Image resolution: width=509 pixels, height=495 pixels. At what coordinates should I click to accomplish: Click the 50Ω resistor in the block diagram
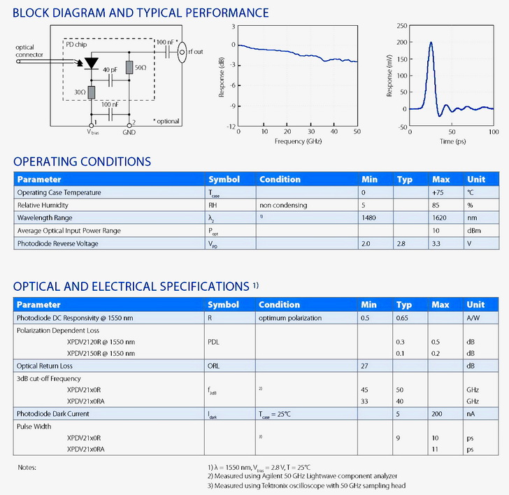pyautogui.click(x=129, y=67)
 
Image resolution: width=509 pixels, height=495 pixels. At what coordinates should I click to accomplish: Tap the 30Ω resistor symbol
pyautogui.click(x=92, y=90)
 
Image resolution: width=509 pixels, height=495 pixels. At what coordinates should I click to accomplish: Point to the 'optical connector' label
pyautogui.click(x=29, y=51)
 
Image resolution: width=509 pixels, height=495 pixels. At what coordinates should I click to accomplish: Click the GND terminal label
pyautogui.click(x=129, y=131)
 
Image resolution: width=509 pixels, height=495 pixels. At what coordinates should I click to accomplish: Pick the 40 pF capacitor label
pyautogui.click(x=110, y=71)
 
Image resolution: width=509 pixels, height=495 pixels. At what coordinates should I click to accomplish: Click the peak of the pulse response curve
pyautogui.click(x=431, y=43)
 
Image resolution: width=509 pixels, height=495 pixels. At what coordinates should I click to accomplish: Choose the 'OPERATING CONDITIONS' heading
pyautogui.click(x=82, y=162)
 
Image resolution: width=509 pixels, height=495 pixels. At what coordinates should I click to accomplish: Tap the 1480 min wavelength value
pyautogui.click(x=369, y=218)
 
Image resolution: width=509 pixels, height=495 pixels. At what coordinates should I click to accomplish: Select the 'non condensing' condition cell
pyautogui.click(x=282, y=206)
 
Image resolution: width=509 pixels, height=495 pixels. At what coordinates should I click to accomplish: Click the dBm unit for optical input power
pyautogui.click(x=473, y=231)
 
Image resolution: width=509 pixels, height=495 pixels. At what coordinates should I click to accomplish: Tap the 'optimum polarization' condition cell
pyautogui.click(x=290, y=317)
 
